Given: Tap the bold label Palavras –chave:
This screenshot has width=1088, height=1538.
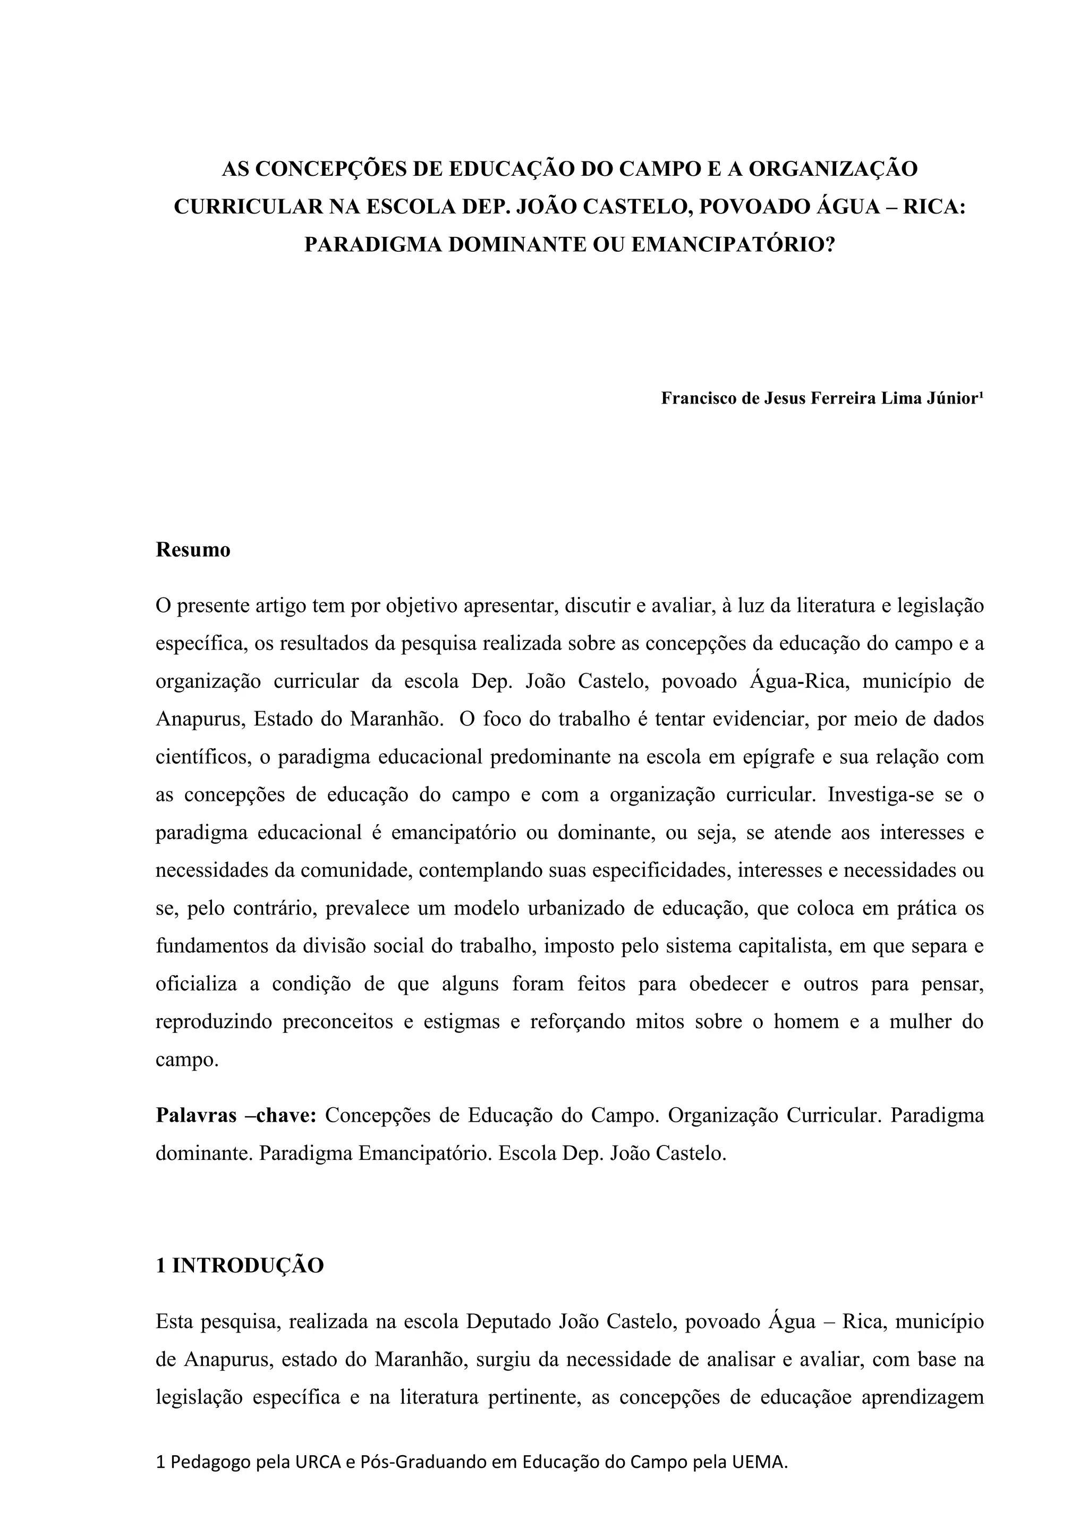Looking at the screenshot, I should point(236,1115).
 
